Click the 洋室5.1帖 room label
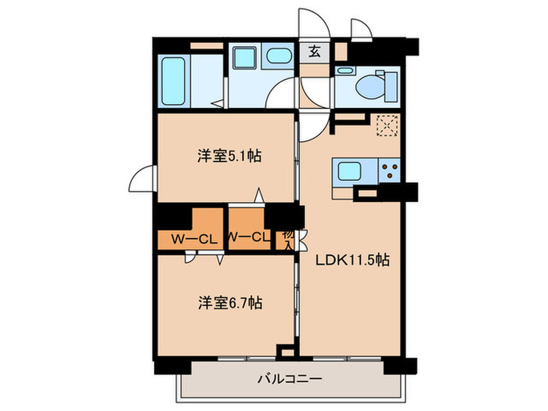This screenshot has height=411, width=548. click(x=228, y=157)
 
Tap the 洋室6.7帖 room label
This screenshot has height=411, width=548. click(x=229, y=302)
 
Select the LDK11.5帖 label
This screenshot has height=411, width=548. click(x=352, y=262)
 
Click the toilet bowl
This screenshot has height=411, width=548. click(x=368, y=84)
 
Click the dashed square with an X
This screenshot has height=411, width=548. click(x=388, y=125)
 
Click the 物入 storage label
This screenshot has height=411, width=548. click(x=287, y=240)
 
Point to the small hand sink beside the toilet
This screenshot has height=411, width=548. click(x=344, y=70)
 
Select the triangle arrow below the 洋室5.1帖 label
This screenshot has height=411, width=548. click(x=257, y=195)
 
